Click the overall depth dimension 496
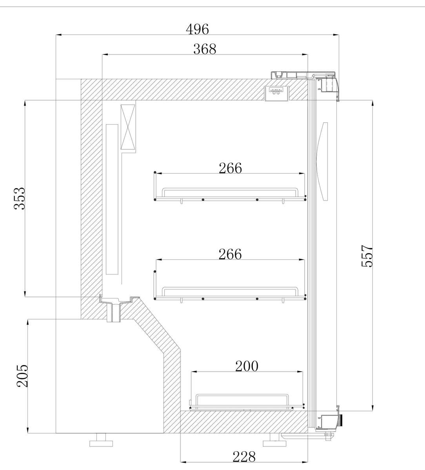197,29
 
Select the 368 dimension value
205,49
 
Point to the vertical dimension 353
20,198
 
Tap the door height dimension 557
367,256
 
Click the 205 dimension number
22,376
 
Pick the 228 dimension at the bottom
244,457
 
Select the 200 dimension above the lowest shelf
247,366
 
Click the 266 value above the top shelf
230,168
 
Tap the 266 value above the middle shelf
230,254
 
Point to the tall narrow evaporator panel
112,199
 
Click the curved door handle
323,161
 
